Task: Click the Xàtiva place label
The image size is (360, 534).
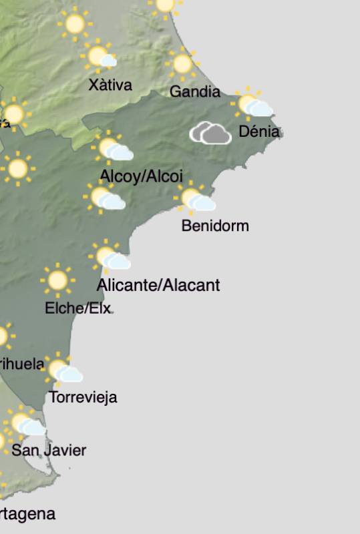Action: (110, 85)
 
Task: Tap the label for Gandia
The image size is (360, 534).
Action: (194, 91)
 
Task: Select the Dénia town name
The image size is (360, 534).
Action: (259, 131)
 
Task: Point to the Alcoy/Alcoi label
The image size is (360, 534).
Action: (141, 176)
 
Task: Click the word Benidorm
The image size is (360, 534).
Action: (215, 226)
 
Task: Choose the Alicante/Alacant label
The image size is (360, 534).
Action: (158, 286)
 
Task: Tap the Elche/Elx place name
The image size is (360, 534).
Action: (77, 308)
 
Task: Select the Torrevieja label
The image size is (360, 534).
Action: (83, 398)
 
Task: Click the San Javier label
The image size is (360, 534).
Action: (49, 451)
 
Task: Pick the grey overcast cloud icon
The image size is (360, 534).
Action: (210, 133)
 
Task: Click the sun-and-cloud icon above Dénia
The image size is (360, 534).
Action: (252, 105)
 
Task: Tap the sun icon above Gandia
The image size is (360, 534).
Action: (182, 64)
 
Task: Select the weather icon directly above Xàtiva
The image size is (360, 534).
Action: (100, 57)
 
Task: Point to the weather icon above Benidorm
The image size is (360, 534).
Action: (195, 200)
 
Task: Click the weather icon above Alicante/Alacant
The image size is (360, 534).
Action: (110, 258)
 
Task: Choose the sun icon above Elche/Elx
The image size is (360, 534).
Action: (57, 280)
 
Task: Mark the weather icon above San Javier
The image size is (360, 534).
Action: (25, 423)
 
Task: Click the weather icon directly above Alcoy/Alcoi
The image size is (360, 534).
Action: (113, 150)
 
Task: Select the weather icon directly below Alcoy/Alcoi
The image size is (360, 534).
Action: (105, 198)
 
